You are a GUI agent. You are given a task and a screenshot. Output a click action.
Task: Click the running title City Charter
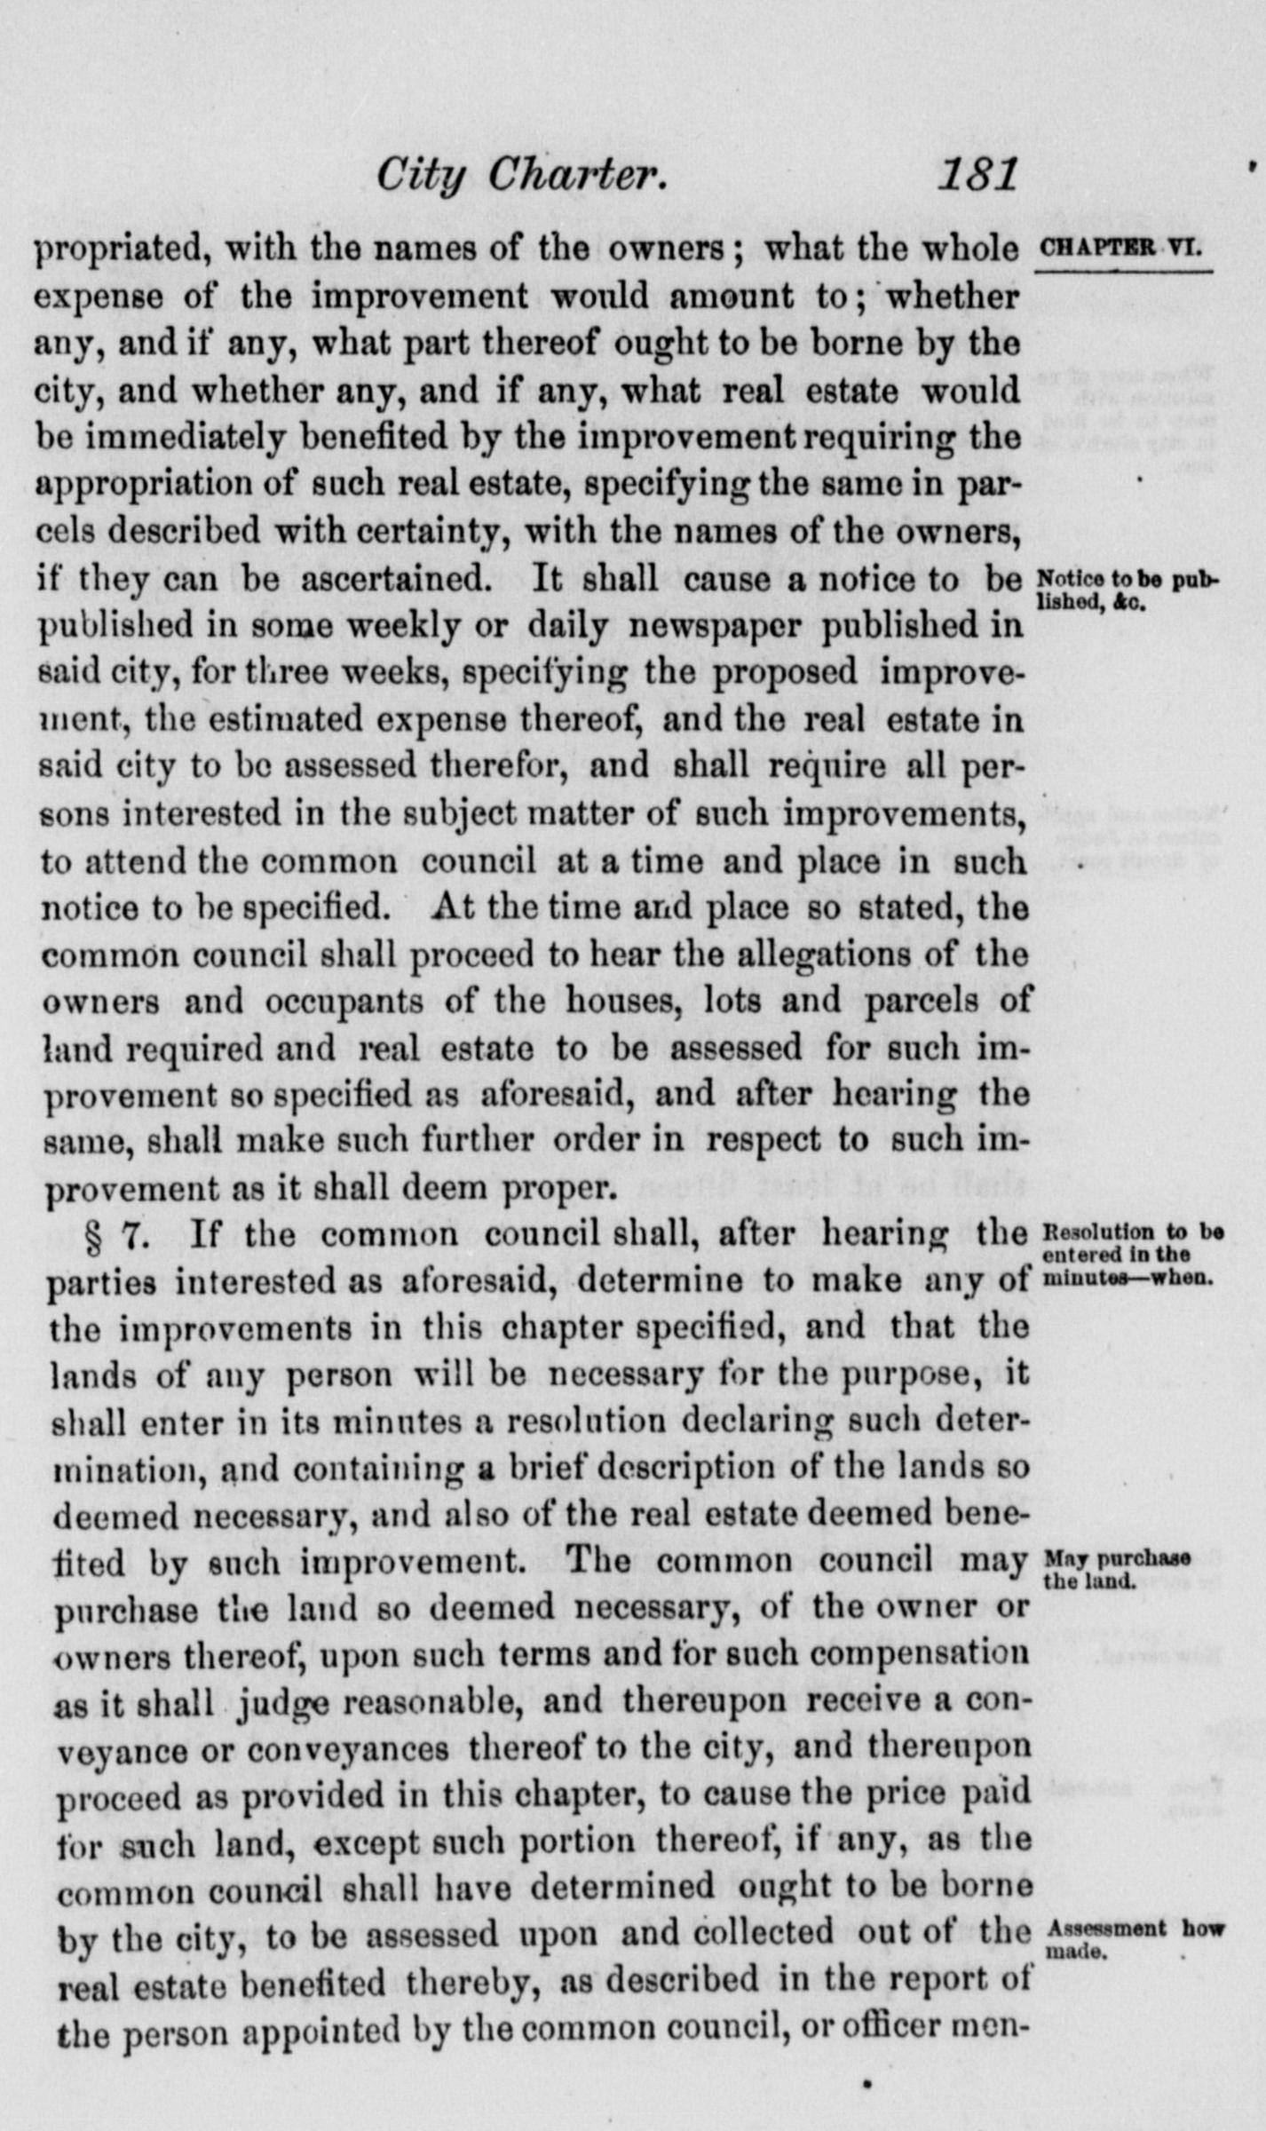(521, 176)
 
